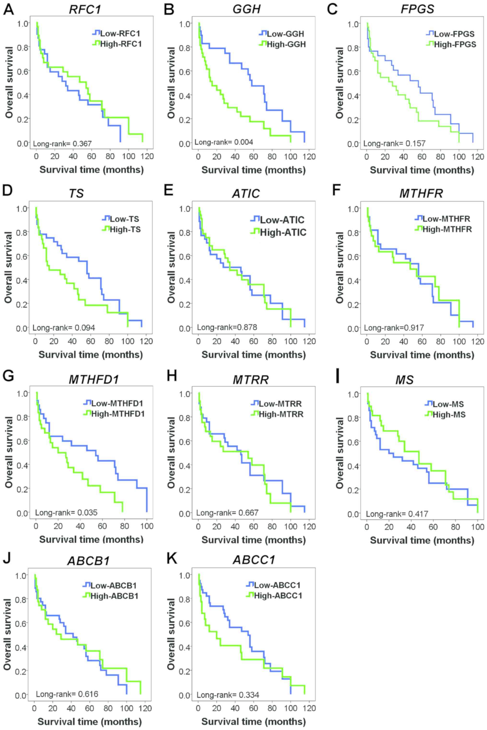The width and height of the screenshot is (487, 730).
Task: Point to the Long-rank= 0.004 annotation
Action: (224, 142)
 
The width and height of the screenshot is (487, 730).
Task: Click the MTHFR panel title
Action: (421, 194)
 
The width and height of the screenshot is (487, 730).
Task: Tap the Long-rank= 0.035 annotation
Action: (66, 512)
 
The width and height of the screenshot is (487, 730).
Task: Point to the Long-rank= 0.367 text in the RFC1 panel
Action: (62, 143)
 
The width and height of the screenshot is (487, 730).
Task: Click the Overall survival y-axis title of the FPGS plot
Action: (340, 83)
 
